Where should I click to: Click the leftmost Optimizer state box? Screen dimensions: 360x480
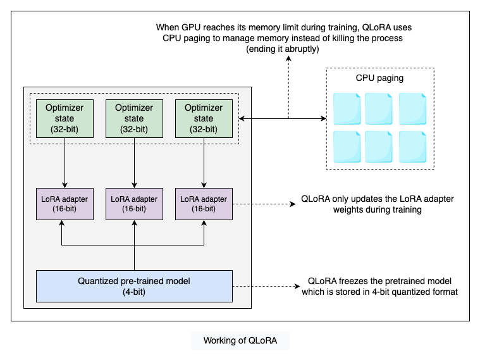point(65,118)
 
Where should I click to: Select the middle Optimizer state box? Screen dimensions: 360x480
point(134,118)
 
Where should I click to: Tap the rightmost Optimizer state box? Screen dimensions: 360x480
point(204,118)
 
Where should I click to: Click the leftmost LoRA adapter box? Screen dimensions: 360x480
point(65,204)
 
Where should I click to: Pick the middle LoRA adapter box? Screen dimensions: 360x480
point(134,204)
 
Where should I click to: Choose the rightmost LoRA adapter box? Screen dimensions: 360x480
point(204,204)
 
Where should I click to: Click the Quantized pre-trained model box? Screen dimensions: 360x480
point(134,285)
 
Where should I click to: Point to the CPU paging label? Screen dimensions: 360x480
point(379,78)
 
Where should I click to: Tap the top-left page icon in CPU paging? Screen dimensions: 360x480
point(346,108)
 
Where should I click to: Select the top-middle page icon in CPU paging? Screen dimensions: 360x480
point(379,108)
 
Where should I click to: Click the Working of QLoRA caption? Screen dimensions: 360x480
point(240,341)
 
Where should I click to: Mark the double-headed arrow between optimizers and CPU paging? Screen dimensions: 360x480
point(281,118)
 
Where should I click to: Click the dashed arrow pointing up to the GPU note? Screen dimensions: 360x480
point(289,85)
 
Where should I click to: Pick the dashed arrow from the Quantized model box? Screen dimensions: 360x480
point(266,285)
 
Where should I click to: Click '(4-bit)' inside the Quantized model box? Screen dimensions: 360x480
point(134,291)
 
